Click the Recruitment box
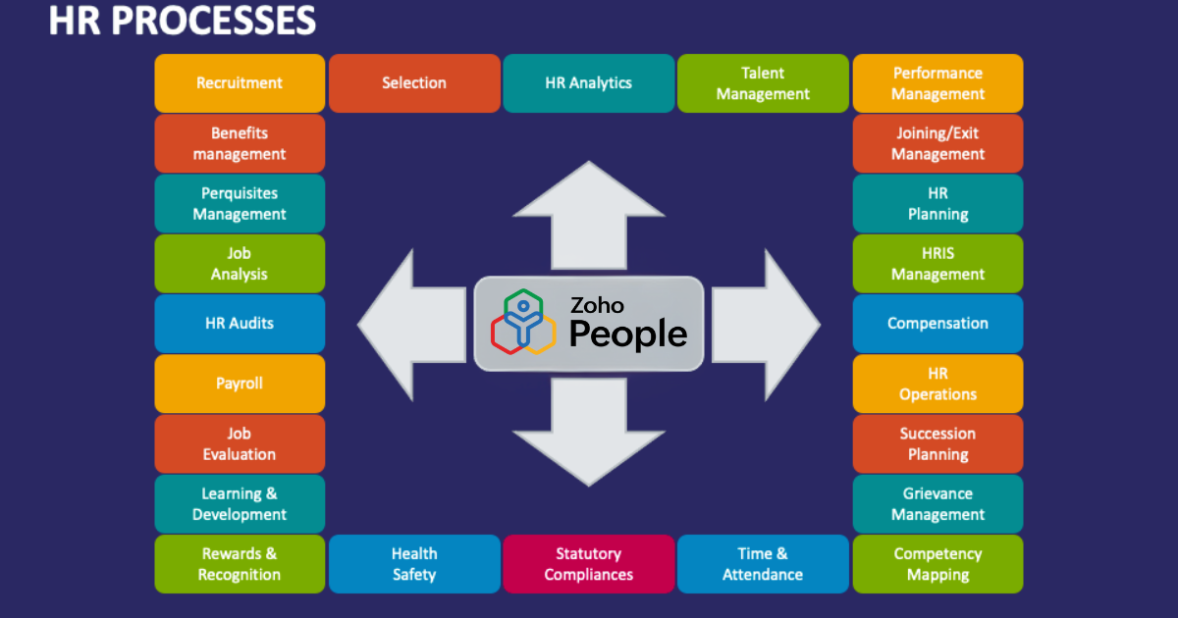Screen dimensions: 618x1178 point(240,83)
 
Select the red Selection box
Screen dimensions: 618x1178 point(414,83)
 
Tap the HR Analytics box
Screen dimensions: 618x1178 point(588,83)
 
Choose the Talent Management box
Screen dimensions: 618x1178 point(763,83)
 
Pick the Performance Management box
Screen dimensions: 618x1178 point(937,83)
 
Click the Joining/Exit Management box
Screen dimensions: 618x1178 point(937,143)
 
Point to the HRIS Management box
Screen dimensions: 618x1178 point(937,264)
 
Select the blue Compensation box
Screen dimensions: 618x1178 point(937,324)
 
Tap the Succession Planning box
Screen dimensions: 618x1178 point(937,443)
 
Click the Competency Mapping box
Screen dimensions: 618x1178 point(937,564)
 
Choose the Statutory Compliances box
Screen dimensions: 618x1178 point(588,564)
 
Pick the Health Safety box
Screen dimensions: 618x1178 point(414,564)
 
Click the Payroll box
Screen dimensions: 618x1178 point(240,384)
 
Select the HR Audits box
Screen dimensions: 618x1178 point(240,324)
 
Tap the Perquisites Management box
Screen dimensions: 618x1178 point(240,203)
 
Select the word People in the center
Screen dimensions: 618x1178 point(628,335)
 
